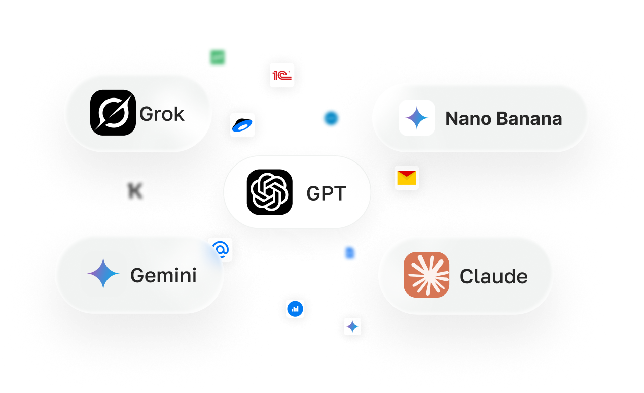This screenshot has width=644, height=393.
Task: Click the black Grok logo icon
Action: pyautogui.click(x=113, y=113)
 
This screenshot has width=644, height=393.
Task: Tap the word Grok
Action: pyautogui.click(x=162, y=114)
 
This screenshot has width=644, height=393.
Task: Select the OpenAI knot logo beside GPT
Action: pyautogui.click(x=269, y=192)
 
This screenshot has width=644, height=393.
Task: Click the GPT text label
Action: pyautogui.click(x=327, y=193)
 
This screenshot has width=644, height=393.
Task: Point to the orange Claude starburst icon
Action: pyautogui.click(x=426, y=275)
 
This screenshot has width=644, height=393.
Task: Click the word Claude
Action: pyautogui.click(x=493, y=276)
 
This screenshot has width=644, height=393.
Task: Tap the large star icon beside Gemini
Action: pyautogui.click(x=103, y=274)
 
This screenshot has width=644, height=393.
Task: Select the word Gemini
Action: pyautogui.click(x=163, y=275)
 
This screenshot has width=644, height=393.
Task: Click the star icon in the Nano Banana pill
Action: pyautogui.click(x=417, y=118)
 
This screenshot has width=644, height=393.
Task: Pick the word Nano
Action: pyautogui.click(x=468, y=119)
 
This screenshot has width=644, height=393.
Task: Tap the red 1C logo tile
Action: pyautogui.click(x=282, y=75)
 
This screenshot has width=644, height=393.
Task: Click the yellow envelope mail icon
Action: pyautogui.click(x=407, y=178)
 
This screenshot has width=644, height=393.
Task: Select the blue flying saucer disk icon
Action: pyautogui.click(x=242, y=125)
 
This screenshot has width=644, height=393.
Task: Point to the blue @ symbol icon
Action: pyautogui.click(x=221, y=249)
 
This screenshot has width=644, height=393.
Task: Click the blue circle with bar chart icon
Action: pyautogui.click(x=295, y=309)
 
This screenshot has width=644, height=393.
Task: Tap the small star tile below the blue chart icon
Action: pyautogui.click(x=352, y=326)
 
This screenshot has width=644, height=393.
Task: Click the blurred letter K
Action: pyautogui.click(x=135, y=191)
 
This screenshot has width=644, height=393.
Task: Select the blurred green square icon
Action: pyautogui.click(x=218, y=57)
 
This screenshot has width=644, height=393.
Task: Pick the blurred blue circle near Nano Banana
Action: pyautogui.click(x=331, y=118)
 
